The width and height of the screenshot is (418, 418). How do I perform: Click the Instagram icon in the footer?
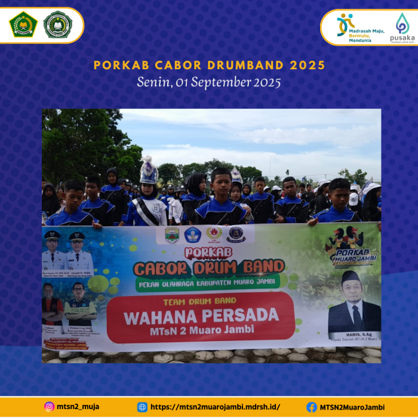click(x=49, y=407)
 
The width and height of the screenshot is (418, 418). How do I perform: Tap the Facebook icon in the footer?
click(x=312, y=407)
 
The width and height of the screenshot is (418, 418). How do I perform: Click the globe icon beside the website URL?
click(x=142, y=407)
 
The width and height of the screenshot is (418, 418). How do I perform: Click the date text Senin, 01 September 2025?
click(x=208, y=82)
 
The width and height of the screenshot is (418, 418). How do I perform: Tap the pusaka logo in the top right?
click(x=402, y=27)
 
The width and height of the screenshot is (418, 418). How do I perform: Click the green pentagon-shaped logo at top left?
click(x=23, y=24)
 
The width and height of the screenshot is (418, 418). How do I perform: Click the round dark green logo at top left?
click(x=58, y=24)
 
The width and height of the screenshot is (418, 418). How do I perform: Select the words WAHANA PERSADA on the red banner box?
click(x=201, y=315)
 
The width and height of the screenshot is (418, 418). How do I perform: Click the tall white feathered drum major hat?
click(x=148, y=171)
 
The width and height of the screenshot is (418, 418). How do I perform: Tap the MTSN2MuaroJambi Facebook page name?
click(x=352, y=407)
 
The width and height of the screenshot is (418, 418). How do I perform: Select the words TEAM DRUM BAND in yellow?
click(x=199, y=300)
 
